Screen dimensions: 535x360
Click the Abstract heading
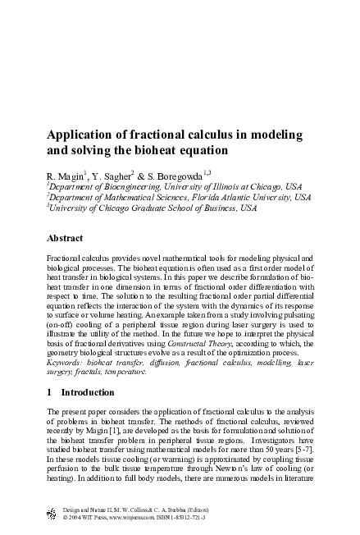(66, 238)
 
